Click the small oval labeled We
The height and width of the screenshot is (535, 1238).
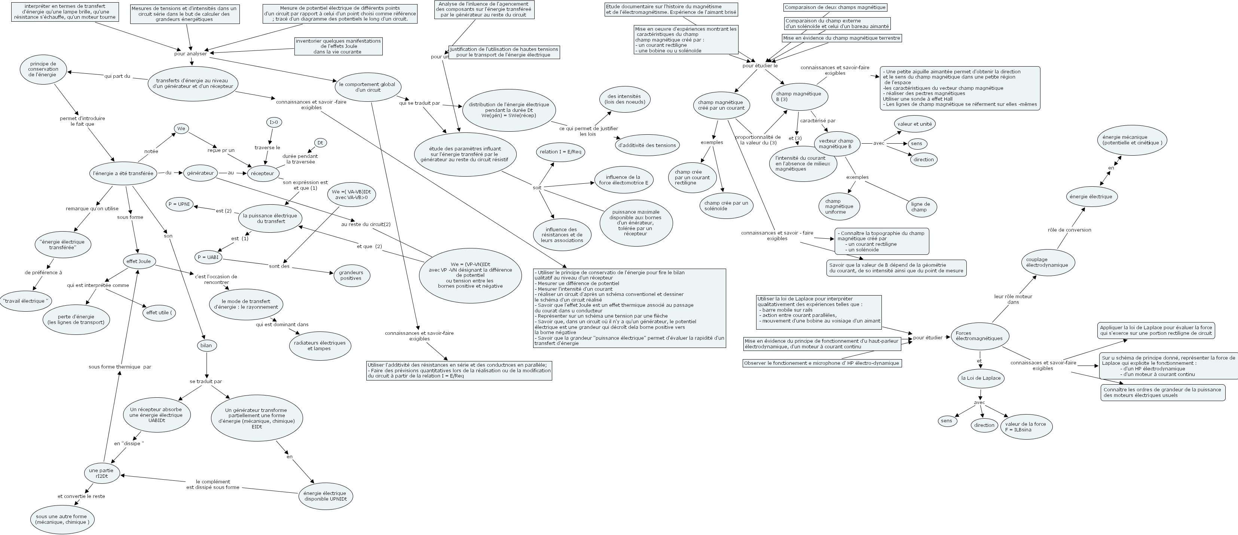181,128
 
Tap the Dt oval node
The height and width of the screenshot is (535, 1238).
321,143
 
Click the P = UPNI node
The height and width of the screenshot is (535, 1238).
179,204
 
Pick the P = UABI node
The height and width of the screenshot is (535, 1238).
208,257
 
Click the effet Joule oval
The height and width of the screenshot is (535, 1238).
138,262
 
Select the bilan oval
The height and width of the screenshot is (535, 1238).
206,345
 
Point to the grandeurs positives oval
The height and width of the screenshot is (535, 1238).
351,275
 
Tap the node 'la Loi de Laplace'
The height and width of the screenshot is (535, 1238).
981,378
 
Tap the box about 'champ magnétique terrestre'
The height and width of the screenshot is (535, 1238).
841,38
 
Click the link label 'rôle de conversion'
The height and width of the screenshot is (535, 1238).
1069,230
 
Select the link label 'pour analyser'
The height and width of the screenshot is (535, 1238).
191,54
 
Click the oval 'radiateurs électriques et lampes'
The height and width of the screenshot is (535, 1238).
320,346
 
